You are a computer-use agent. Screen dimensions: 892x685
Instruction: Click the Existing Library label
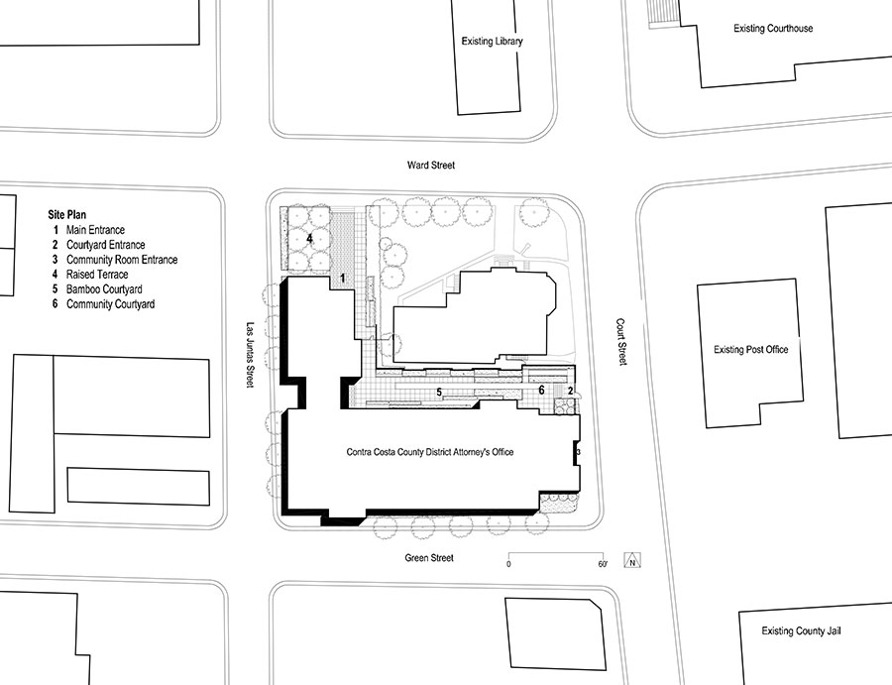(492, 41)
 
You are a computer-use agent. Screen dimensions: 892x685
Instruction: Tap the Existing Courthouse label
(773, 28)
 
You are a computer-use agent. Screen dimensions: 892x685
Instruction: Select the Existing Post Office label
(751, 349)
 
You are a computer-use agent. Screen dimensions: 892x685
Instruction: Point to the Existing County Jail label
(801, 630)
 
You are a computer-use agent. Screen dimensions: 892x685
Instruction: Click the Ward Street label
(431, 165)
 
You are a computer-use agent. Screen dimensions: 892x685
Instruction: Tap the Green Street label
(429, 558)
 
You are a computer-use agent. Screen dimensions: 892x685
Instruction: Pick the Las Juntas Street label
(250, 356)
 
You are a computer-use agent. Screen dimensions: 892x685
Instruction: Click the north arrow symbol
(632, 560)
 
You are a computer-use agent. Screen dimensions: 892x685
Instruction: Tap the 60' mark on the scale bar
(603, 564)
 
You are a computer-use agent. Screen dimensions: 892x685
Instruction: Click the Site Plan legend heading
(67, 214)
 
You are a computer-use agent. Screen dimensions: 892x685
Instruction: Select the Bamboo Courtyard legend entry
(97, 289)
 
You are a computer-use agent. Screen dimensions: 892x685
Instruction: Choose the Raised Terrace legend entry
(90, 275)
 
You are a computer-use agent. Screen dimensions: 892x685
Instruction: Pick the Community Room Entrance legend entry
(115, 260)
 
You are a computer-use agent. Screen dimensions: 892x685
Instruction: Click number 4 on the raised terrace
(309, 238)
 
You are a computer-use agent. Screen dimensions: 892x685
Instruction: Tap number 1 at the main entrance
(343, 279)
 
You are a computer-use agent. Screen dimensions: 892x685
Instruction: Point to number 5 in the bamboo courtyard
(439, 392)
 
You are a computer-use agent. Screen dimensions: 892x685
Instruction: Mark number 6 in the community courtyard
(541, 391)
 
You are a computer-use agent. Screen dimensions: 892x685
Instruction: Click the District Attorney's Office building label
(430, 452)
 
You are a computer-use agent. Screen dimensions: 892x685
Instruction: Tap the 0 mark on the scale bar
(508, 564)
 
